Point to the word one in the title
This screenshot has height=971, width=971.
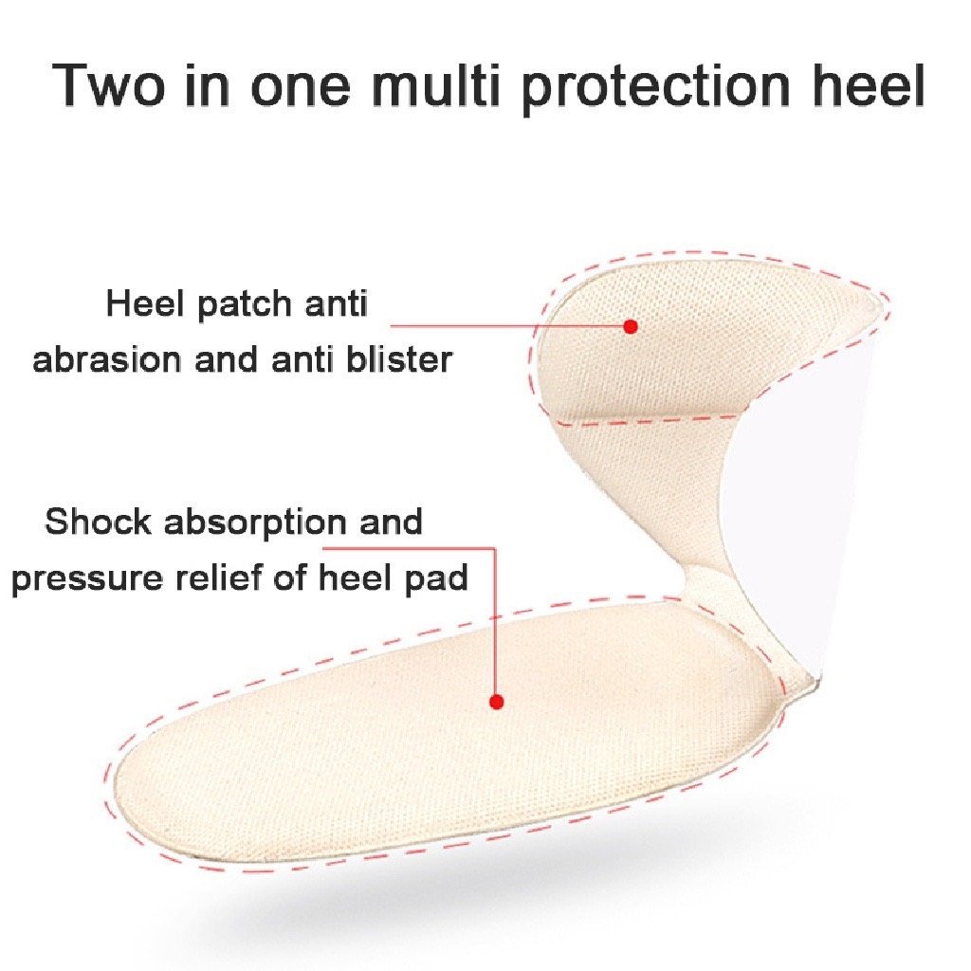point(301,90)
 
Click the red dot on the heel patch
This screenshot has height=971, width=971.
point(631,326)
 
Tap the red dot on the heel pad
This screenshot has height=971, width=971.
point(496,702)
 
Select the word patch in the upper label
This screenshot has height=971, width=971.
point(245,305)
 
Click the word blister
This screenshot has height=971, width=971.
point(399,359)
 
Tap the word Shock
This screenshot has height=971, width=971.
point(98,522)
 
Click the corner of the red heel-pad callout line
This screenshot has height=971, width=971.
point(495,548)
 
